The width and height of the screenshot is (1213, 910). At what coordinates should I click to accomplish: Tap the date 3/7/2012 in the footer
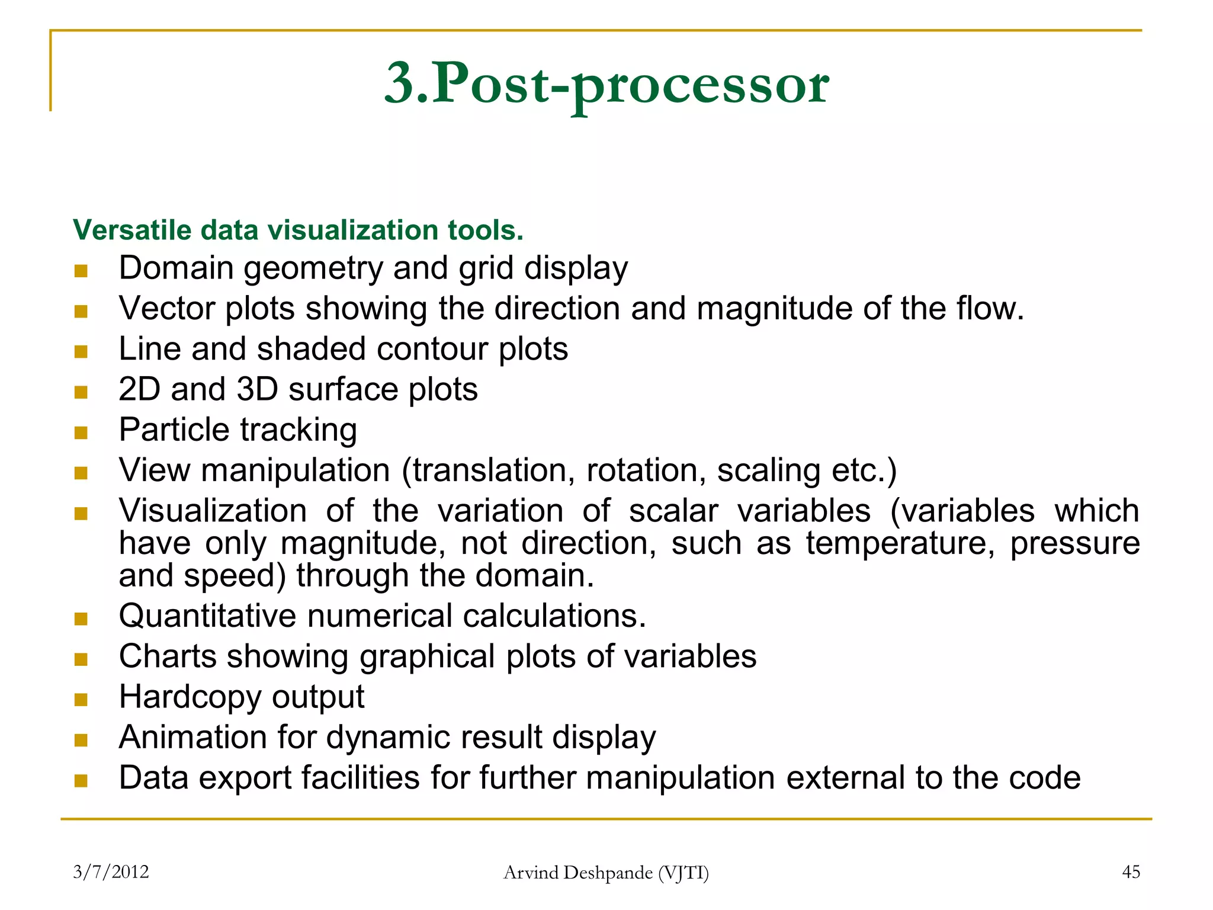(111, 872)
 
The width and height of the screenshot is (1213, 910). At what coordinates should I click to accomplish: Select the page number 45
(1131, 872)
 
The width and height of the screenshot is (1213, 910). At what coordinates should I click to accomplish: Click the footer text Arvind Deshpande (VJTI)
(606, 873)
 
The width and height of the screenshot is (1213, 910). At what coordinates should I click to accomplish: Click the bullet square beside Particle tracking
(81, 433)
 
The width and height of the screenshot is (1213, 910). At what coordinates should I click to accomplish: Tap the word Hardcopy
(190, 697)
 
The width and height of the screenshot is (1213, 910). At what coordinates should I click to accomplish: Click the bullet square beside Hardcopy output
(81, 700)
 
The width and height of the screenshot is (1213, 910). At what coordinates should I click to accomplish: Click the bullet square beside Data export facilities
(81, 781)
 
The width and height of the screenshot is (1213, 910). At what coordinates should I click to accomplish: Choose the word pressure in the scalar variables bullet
(1074, 543)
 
